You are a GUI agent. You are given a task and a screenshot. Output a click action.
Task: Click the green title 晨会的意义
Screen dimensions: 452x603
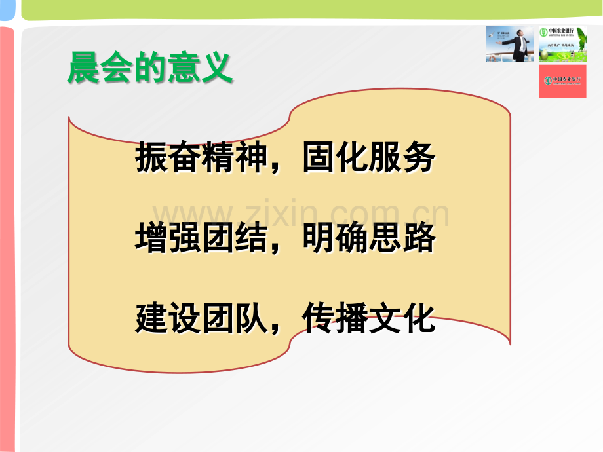(x=150, y=68)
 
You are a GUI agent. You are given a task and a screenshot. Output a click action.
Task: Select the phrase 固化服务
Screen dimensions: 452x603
(x=368, y=158)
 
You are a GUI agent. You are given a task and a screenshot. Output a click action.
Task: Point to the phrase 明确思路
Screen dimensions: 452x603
(x=368, y=239)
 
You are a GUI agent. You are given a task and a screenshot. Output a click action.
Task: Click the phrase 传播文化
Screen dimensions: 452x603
(x=368, y=319)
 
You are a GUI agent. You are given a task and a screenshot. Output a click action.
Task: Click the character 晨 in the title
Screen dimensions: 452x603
(x=84, y=68)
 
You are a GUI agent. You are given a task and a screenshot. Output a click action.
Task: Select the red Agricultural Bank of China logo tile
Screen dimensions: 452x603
(x=562, y=81)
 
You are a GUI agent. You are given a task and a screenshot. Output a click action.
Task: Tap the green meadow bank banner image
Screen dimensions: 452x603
(x=562, y=43)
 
